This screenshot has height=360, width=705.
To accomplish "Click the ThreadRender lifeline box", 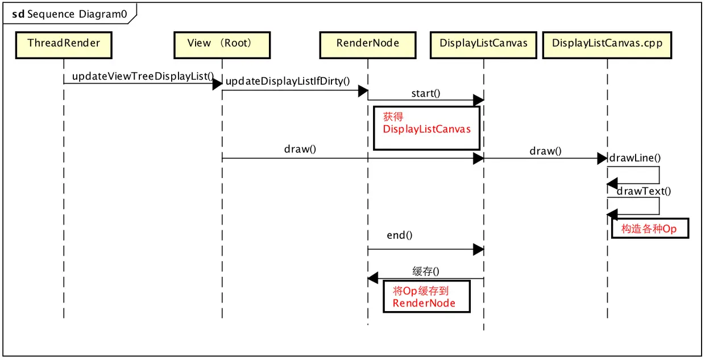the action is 64,45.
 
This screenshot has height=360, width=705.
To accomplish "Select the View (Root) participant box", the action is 222,45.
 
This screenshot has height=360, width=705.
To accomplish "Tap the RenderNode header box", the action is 368,45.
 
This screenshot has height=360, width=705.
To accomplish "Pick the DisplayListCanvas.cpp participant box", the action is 607,45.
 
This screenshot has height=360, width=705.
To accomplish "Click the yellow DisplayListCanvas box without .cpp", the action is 483,45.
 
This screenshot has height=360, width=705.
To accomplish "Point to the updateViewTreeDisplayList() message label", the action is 143,76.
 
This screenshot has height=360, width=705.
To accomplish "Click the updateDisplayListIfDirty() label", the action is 288,81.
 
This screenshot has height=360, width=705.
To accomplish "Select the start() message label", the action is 426,93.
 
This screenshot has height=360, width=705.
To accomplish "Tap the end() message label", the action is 399,235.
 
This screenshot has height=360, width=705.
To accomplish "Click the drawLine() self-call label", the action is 635,158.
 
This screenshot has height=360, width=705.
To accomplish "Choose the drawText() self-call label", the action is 644,191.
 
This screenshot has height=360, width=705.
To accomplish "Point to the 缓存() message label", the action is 426,271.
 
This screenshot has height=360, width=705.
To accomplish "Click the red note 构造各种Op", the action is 650,229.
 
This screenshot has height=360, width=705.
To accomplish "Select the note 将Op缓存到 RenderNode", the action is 427,297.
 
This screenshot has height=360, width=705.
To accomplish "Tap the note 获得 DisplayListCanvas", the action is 427,128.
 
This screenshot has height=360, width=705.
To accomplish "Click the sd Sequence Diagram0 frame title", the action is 69,14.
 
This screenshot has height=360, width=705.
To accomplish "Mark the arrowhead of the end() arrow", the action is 478,250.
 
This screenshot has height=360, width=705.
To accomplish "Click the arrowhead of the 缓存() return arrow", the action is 373,278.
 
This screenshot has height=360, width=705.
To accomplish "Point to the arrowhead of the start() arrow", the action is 478,100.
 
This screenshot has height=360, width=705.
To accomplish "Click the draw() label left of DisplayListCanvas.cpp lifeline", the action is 545,151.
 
